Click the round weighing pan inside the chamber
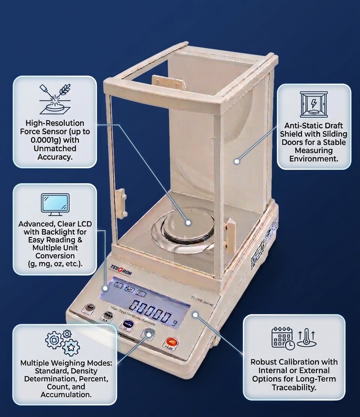pyautogui.click(x=187, y=223)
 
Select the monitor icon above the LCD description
pyautogui.click(x=55, y=205)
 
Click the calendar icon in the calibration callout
pyautogui.click(x=282, y=338)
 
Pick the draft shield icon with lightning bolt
pyautogui.click(x=313, y=104)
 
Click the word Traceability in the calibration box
pyautogui.click(x=294, y=387)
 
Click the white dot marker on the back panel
pyautogui.click(x=237, y=161)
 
